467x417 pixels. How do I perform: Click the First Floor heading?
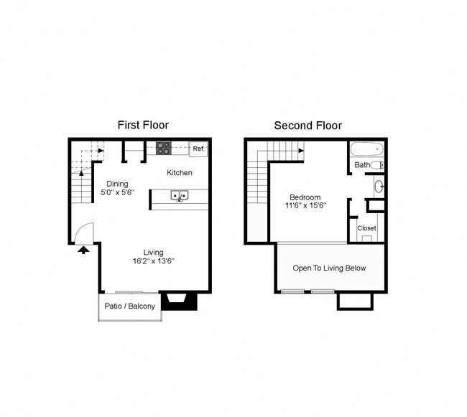(143, 126)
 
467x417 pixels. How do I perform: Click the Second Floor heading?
(308, 126)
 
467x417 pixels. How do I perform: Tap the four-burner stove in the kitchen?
(164, 149)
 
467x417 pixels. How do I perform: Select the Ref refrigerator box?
(198, 149)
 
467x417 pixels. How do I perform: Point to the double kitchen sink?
(179, 195)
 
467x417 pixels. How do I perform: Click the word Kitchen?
(180, 173)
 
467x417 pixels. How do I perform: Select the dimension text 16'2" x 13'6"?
(153, 261)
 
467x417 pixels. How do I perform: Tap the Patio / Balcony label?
(130, 306)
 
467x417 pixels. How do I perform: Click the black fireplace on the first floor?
(179, 301)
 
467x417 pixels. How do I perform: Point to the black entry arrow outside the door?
(83, 250)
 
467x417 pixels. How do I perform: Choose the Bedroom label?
(305, 197)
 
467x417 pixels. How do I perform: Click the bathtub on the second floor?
(367, 151)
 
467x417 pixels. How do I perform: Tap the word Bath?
(361, 165)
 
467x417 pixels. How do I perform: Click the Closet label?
(366, 228)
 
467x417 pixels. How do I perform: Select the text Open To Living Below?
(329, 268)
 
